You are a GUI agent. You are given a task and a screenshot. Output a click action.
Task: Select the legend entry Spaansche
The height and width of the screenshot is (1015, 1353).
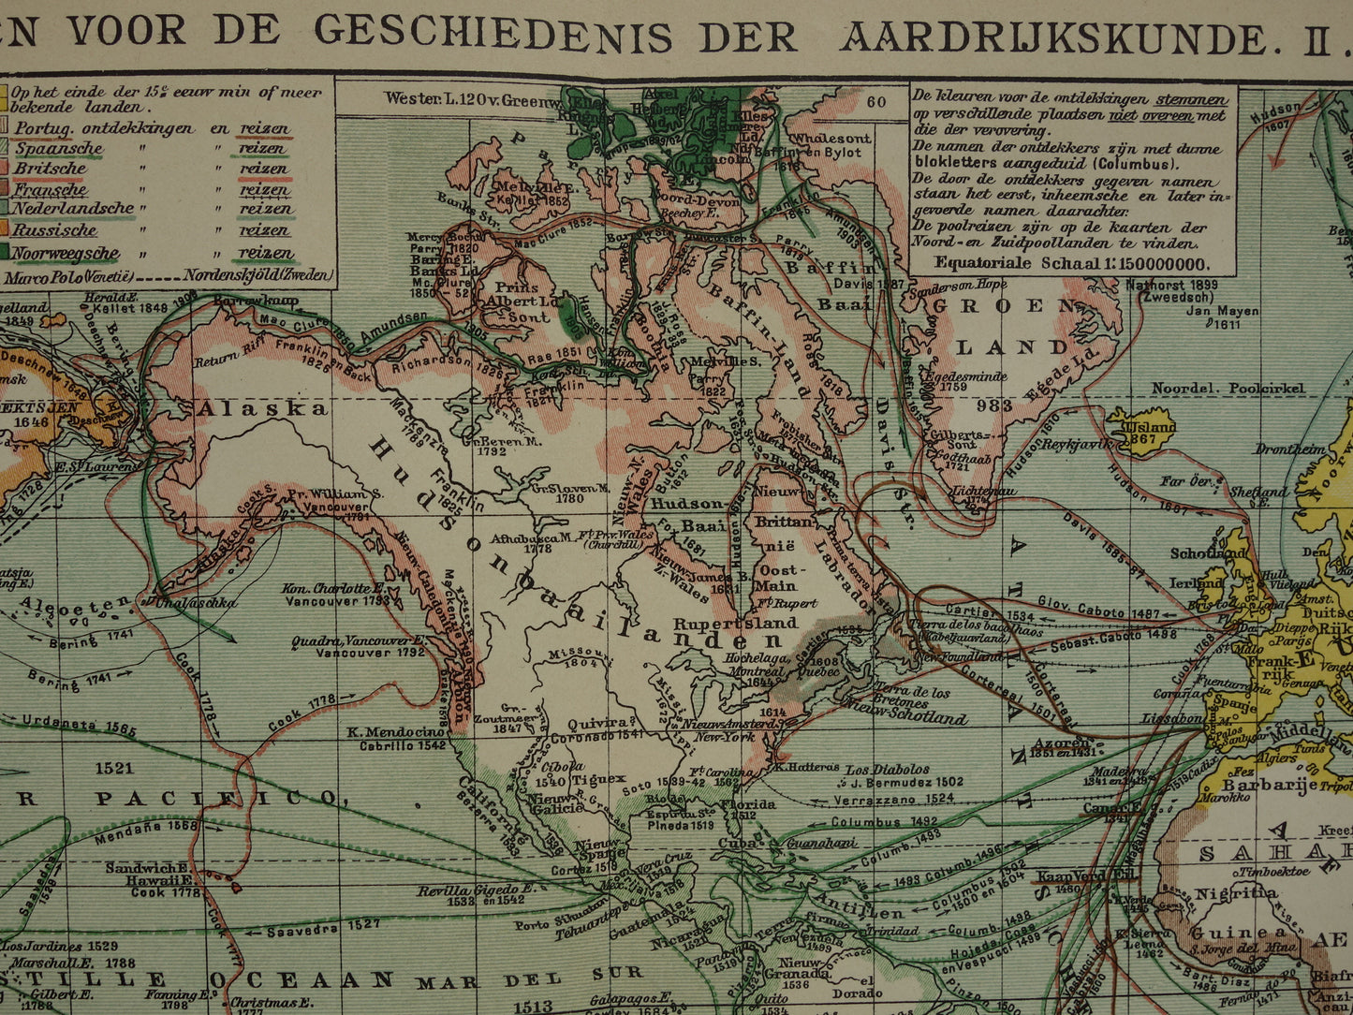(58, 149)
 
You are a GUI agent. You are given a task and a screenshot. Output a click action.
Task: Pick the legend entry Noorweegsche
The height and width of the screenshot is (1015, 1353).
(66, 253)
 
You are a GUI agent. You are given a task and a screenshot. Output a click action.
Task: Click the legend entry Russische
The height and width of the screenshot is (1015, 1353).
(55, 230)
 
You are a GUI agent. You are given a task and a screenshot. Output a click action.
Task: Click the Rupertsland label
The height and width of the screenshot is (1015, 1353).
(735, 623)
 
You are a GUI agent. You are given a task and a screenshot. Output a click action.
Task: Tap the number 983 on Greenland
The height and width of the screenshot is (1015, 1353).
(993, 405)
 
